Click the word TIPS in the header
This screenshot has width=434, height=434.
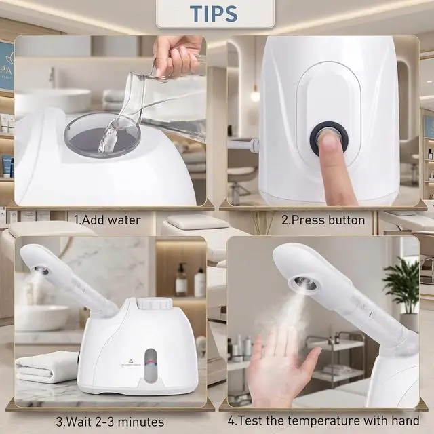point(214,13)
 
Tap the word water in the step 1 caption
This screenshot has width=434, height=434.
point(124,220)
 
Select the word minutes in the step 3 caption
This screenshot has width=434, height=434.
point(141,422)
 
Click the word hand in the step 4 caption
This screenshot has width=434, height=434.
point(406,420)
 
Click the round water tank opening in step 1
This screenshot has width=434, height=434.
point(102,134)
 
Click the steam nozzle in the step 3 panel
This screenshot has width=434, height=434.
point(41,270)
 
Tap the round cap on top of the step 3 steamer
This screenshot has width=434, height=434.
point(155,303)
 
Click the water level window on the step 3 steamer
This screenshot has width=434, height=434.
point(151,363)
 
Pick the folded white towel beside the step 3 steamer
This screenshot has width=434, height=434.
point(46,366)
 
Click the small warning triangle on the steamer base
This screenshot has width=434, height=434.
point(131,361)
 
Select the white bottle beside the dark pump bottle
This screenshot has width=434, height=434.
point(199,282)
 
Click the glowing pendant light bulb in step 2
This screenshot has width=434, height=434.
point(255,96)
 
